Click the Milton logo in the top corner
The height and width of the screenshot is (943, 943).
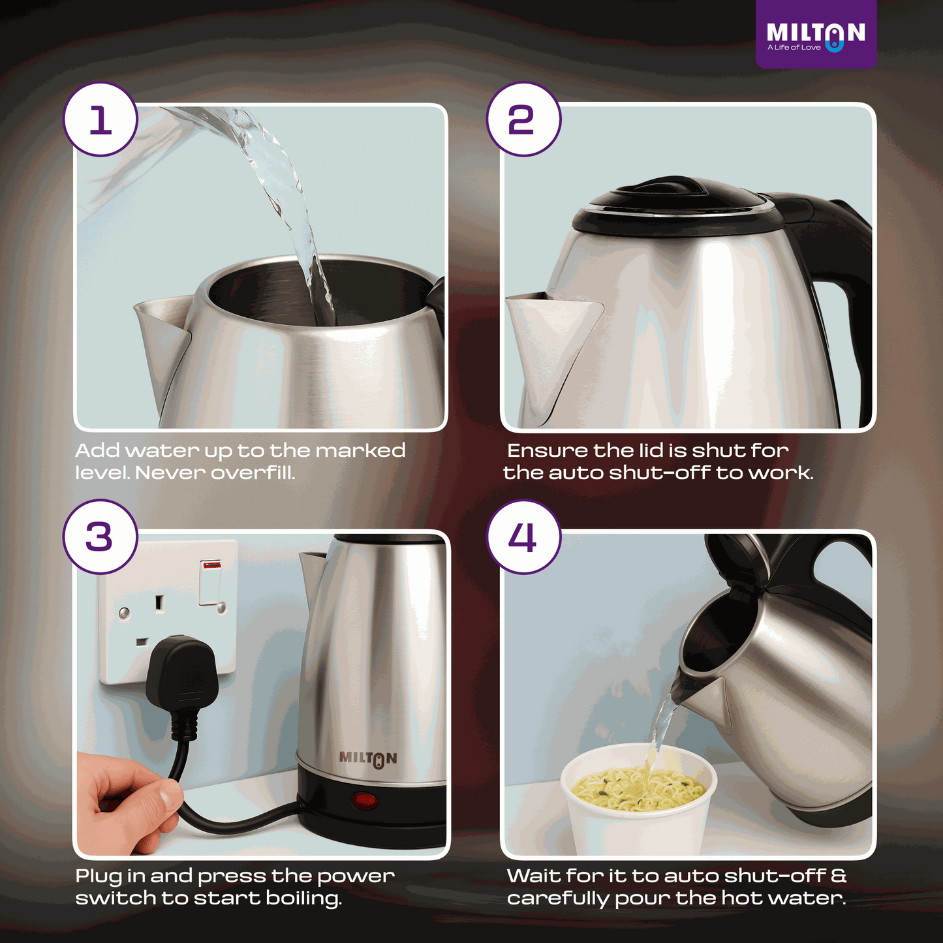tap(816, 35)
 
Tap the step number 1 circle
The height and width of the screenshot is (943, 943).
tap(100, 119)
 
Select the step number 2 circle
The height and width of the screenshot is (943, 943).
tap(523, 119)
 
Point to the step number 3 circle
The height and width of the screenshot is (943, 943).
tap(100, 537)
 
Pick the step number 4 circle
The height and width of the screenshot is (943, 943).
tap(523, 537)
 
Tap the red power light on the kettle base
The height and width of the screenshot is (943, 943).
tap(364, 800)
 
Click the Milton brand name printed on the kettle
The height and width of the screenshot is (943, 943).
tap(367, 758)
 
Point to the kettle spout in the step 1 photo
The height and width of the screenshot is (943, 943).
tap(163, 339)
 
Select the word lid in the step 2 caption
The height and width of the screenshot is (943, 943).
tap(653, 450)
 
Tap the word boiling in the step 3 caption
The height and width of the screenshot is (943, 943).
tap(303, 899)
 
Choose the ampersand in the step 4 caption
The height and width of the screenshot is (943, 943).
tap(839, 876)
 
